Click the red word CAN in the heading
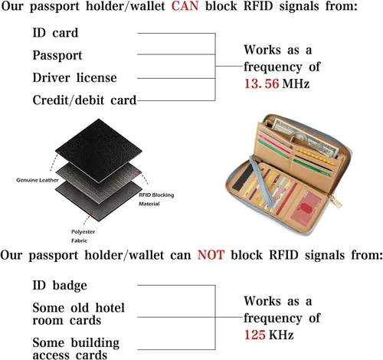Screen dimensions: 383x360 185,6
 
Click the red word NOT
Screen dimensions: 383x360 211,255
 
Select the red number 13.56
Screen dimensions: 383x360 261,83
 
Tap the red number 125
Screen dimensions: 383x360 255,335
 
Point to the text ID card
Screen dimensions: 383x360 55,33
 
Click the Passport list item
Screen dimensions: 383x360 57,56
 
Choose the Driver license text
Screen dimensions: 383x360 74,77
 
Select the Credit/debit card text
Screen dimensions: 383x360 84,100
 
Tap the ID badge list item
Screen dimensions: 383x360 60,286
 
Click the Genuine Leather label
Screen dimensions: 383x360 38,180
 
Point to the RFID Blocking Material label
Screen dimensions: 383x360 156,199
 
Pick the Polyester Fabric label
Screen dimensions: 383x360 83,236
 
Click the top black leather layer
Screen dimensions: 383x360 99,151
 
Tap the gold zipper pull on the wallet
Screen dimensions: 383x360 336,201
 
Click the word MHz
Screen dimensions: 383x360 296,83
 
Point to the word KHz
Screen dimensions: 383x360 281,335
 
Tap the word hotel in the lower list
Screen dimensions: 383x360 110,308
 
